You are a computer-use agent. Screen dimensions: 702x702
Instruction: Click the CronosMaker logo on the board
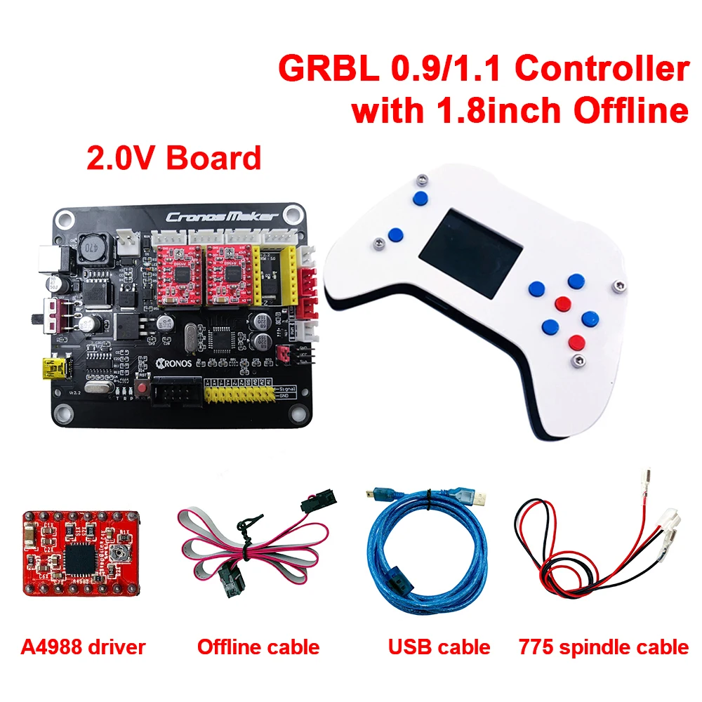pos(221,217)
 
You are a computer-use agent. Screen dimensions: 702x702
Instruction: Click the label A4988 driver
pos(81,646)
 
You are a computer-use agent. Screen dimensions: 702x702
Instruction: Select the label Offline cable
pos(258,646)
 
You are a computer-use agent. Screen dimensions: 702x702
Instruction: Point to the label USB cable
pos(439,646)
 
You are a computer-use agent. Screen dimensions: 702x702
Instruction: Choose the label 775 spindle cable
pos(603,646)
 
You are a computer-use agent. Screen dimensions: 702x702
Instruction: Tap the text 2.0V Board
pos(173,158)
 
